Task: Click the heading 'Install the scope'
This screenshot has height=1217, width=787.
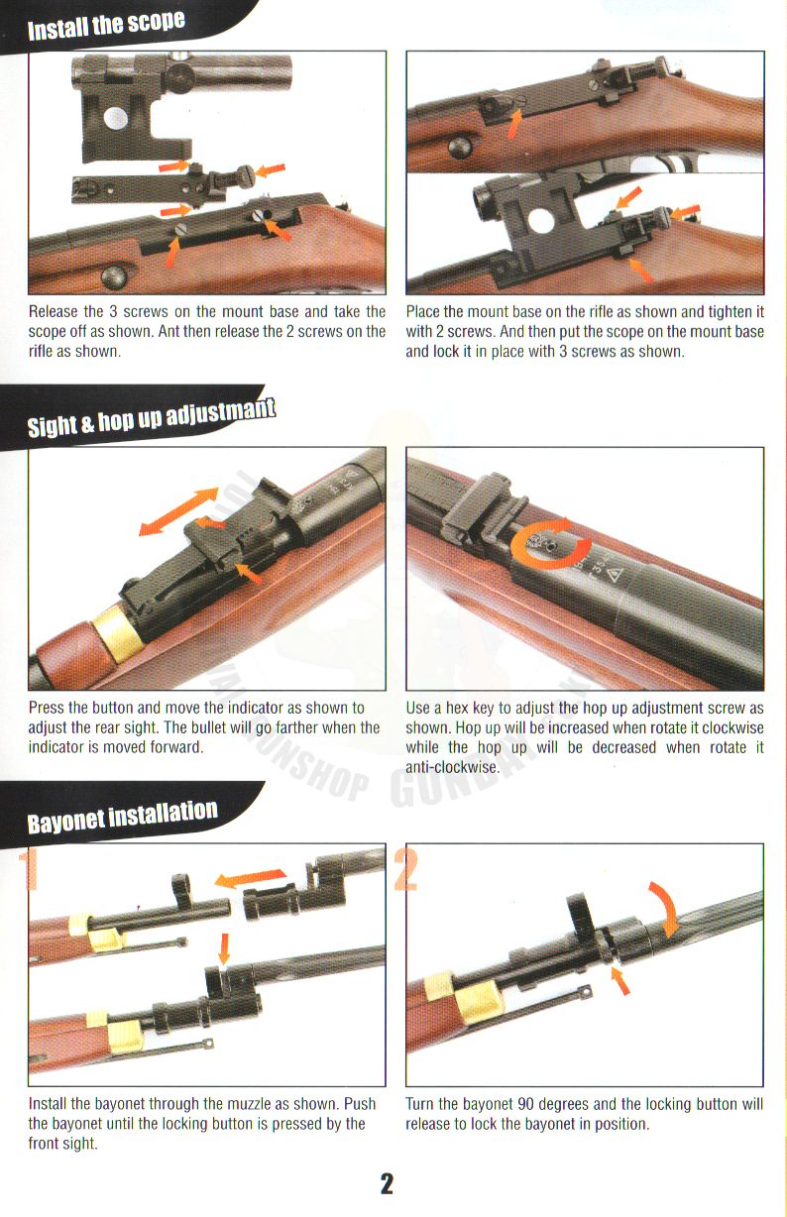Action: point(106,25)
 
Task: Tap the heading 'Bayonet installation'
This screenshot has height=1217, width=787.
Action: point(122,816)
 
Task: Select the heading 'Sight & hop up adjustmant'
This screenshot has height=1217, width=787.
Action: point(152,417)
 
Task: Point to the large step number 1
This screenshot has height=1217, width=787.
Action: point(28,870)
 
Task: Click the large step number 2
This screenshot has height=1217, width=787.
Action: point(405,870)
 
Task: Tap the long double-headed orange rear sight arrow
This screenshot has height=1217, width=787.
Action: point(178,511)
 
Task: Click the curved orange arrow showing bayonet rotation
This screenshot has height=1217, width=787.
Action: point(666,908)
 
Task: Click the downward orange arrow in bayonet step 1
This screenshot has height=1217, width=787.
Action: point(224,949)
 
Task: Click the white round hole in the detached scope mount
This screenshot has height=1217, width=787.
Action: point(115,118)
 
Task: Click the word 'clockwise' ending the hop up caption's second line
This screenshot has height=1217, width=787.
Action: point(732,727)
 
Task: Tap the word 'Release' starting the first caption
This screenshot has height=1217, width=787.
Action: point(54,312)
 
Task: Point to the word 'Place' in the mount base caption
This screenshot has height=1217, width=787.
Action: point(423,312)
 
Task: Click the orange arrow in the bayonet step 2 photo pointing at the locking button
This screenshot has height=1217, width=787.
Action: point(620,981)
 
